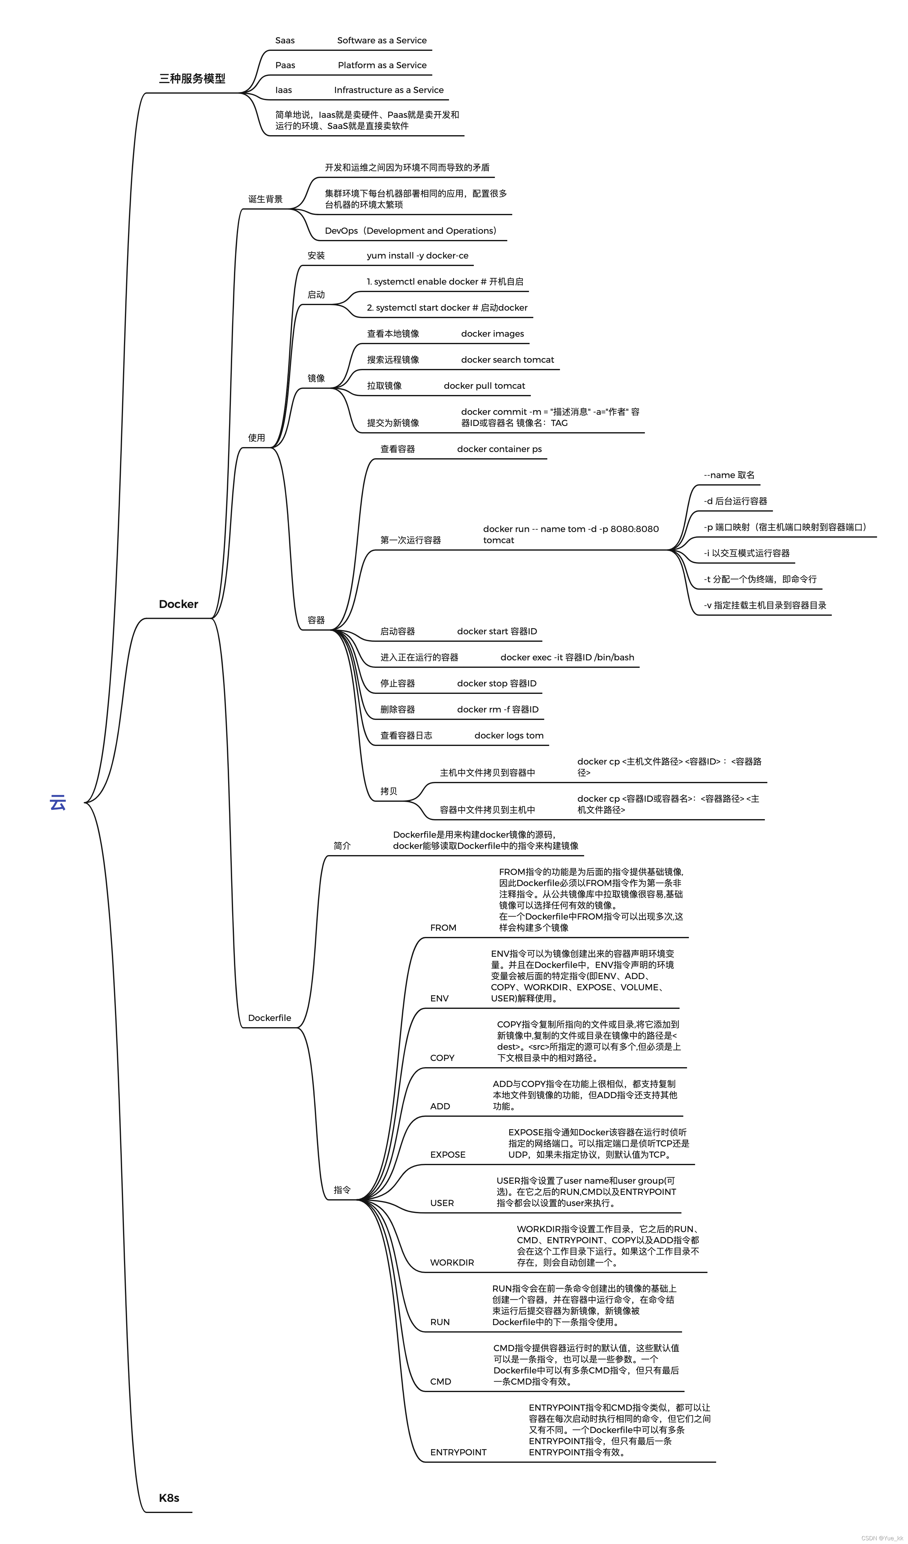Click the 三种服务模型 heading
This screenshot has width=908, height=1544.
(192, 78)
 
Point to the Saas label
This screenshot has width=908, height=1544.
(285, 40)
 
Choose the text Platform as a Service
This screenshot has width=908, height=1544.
(382, 65)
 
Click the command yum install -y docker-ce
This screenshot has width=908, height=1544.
(417, 255)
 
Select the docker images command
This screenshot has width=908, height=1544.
(492, 333)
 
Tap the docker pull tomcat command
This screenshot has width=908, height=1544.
(484, 385)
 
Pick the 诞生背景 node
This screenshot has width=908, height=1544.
(265, 199)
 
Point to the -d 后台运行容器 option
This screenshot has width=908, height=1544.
(735, 501)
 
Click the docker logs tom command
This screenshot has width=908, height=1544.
(509, 735)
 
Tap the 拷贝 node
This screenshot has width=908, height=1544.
(389, 791)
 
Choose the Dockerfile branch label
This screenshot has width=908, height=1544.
(269, 1018)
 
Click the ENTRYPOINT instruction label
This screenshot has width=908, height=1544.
(458, 1452)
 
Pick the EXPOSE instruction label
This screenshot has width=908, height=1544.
(447, 1154)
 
